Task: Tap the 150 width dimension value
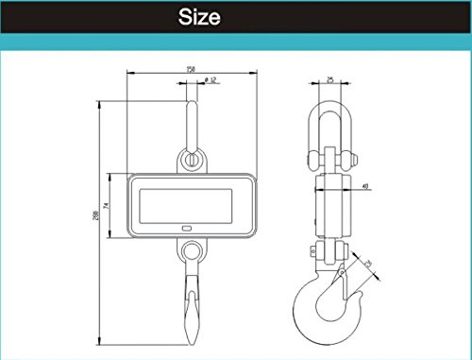pos(191,68)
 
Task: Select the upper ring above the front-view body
pos(192,159)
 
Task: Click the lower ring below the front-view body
pos(192,252)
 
